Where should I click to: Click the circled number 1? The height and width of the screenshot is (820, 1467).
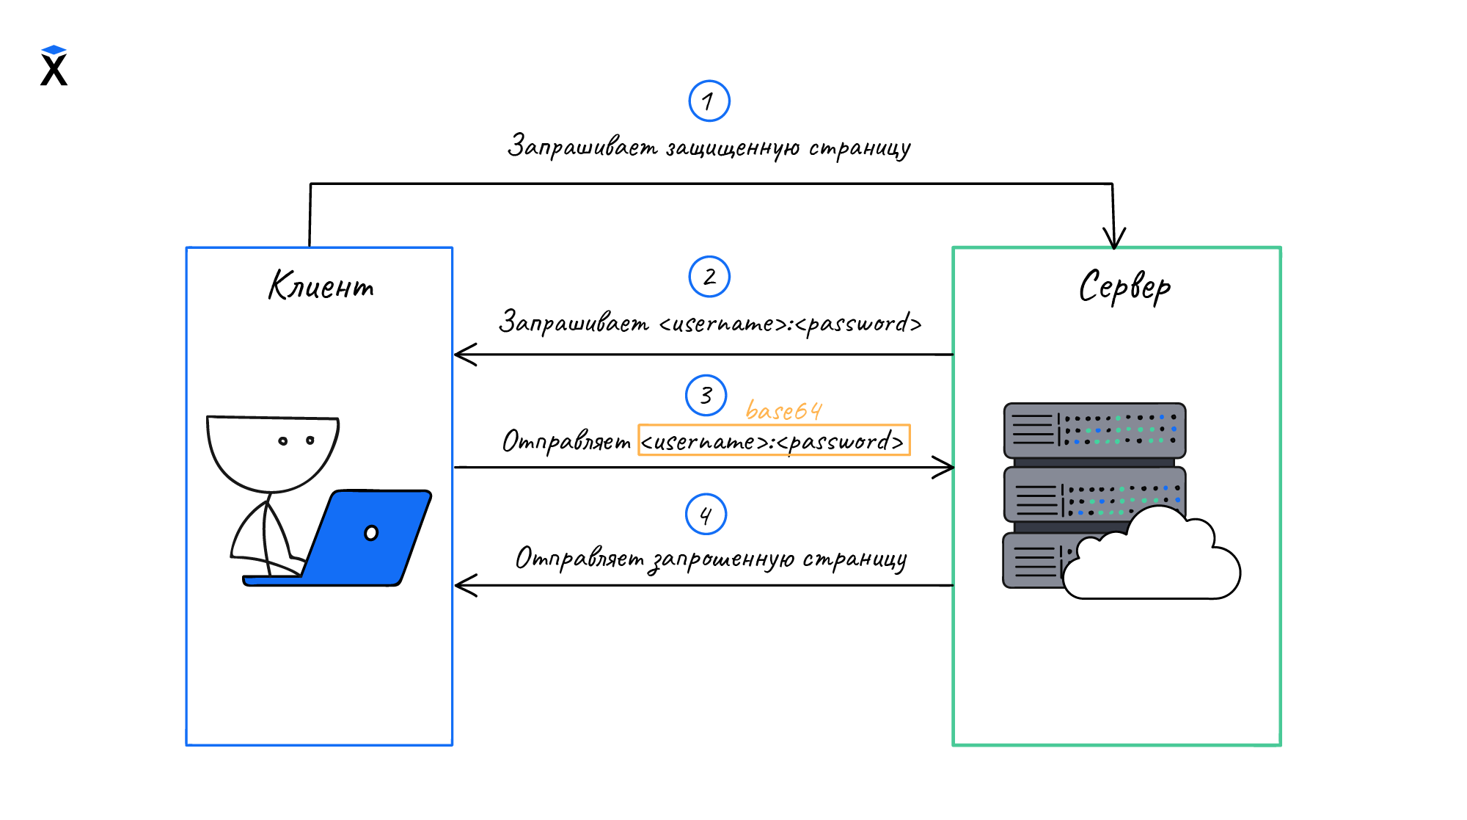(709, 101)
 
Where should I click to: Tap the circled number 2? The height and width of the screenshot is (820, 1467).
(709, 277)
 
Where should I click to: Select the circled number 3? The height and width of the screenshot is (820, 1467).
(706, 396)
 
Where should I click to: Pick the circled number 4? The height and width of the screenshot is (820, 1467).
(706, 514)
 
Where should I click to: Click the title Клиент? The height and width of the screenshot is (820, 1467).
(321, 286)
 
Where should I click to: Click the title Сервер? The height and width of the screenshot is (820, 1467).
(1124, 287)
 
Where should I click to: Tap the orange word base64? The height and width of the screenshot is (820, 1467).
(783, 410)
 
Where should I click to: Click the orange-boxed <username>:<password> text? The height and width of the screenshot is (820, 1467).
(773, 441)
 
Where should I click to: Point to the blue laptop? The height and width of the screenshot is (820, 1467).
(367, 540)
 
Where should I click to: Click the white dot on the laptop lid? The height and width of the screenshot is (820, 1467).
(371, 533)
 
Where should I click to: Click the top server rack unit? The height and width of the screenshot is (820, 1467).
(1094, 430)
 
